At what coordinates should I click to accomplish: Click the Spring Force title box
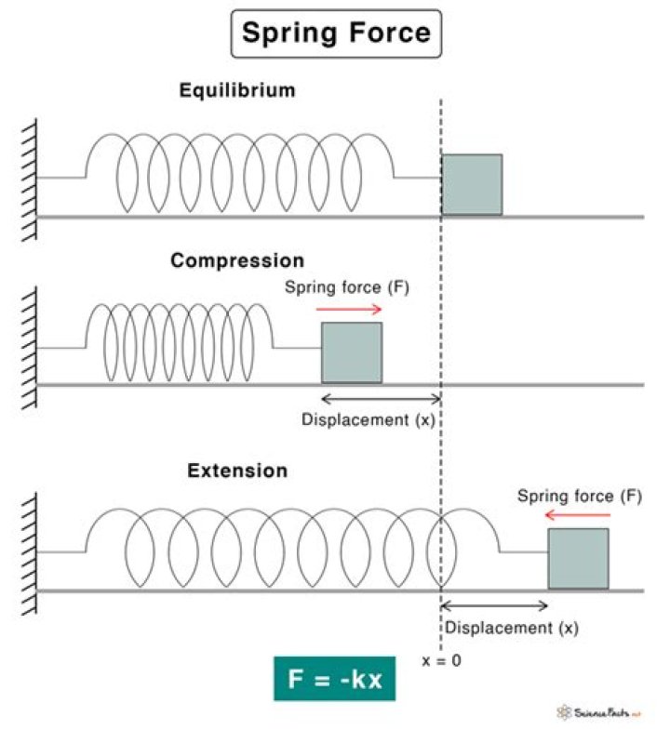point(336,34)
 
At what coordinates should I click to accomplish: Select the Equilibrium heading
point(237,91)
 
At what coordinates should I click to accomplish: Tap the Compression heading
point(237,261)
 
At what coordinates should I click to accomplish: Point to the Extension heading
point(237,471)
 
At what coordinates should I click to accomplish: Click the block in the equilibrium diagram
point(472,185)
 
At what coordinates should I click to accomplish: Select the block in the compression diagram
point(352,352)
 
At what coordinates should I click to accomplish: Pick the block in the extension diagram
point(578,559)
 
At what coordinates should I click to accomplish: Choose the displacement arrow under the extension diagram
point(494,606)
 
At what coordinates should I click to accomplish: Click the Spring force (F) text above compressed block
point(347,288)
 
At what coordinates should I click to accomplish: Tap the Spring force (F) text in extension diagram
point(580,496)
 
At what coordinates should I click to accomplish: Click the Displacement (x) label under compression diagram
point(368,419)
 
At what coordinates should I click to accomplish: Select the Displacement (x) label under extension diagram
point(511,627)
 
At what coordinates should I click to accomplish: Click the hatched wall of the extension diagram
point(30,552)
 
